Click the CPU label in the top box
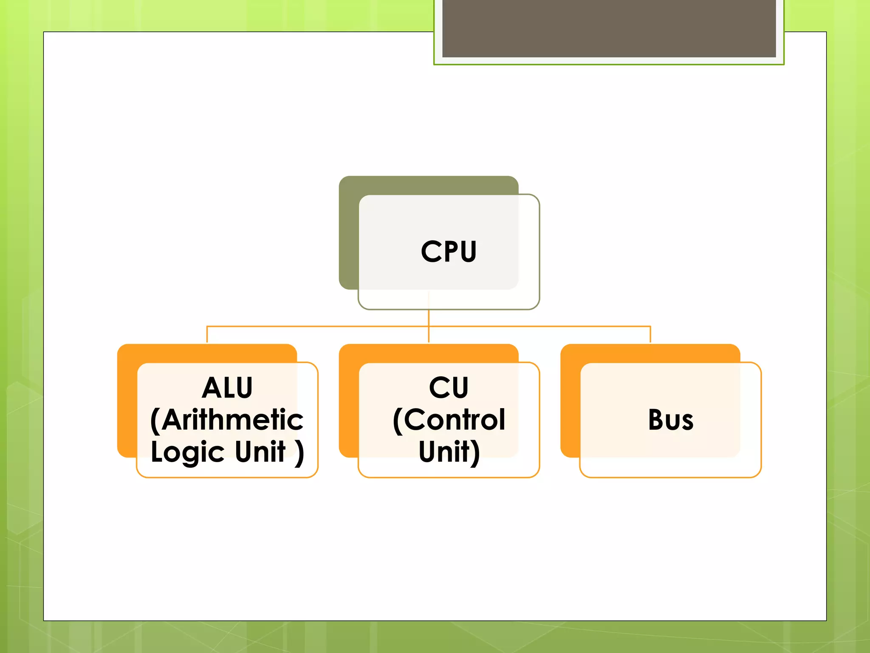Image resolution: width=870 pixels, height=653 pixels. (x=449, y=251)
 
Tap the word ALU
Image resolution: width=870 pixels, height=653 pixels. (x=227, y=388)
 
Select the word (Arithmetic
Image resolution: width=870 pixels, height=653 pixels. (x=227, y=420)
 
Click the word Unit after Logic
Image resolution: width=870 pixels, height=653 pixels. (x=260, y=451)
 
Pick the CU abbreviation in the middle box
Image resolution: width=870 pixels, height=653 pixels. (x=449, y=388)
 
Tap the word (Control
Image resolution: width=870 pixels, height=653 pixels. (x=449, y=420)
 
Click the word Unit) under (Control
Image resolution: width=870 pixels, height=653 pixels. (x=449, y=451)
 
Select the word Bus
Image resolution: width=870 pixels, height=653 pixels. (x=671, y=420)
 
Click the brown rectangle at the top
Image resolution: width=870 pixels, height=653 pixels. (x=609, y=28)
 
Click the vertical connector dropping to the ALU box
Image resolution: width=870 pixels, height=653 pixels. (x=207, y=335)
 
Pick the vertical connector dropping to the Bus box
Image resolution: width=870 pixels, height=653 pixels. (x=650, y=335)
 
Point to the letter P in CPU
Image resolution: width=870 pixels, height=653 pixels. (x=449, y=251)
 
